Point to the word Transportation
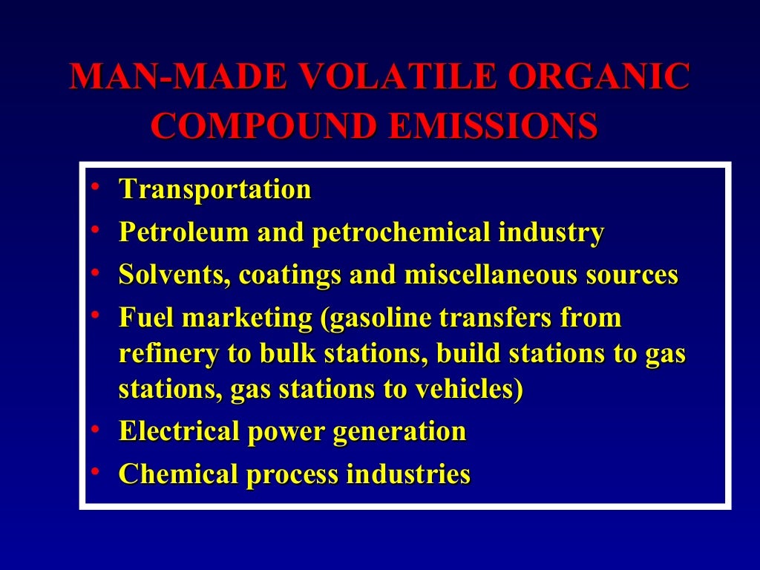pos(215,189)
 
